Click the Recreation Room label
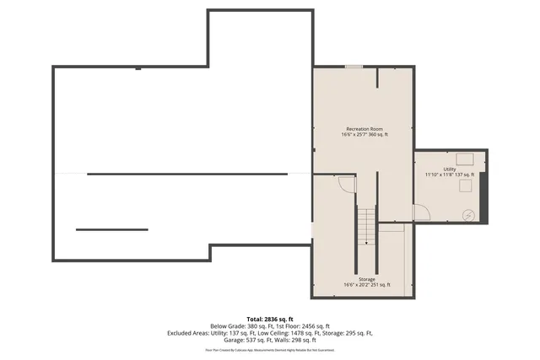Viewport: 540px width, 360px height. pyautogui.click(x=365, y=129)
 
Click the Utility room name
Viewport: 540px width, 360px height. pyautogui.click(x=450, y=169)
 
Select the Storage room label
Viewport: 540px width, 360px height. pyautogui.click(x=366, y=279)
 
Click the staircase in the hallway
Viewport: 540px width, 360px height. pyautogui.click(x=365, y=225)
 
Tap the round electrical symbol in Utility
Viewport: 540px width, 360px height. pyautogui.click(x=468, y=215)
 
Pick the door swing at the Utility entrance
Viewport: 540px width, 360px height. pyautogui.click(x=421, y=212)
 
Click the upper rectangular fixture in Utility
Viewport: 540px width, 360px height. pyautogui.click(x=465, y=157)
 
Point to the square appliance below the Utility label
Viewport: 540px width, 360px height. pyautogui.click(x=465, y=187)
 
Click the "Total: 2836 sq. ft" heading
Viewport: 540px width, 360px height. pyautogui.click(x=270, y=319)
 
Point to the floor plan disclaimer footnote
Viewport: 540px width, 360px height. pyautogui.click(x=270, y=349)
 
